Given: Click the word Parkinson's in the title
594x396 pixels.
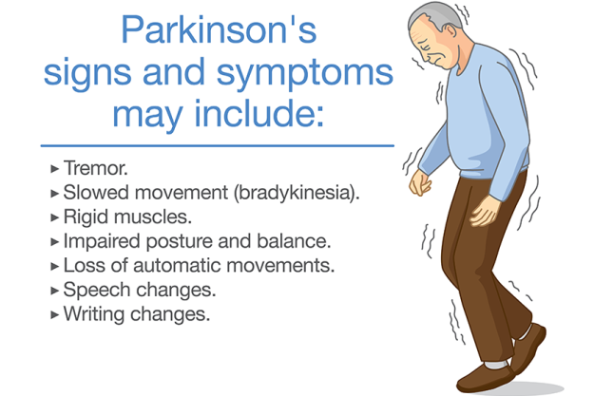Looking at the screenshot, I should [x=218, y=30].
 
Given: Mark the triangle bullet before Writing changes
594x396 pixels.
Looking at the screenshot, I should [x=53, y=314].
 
